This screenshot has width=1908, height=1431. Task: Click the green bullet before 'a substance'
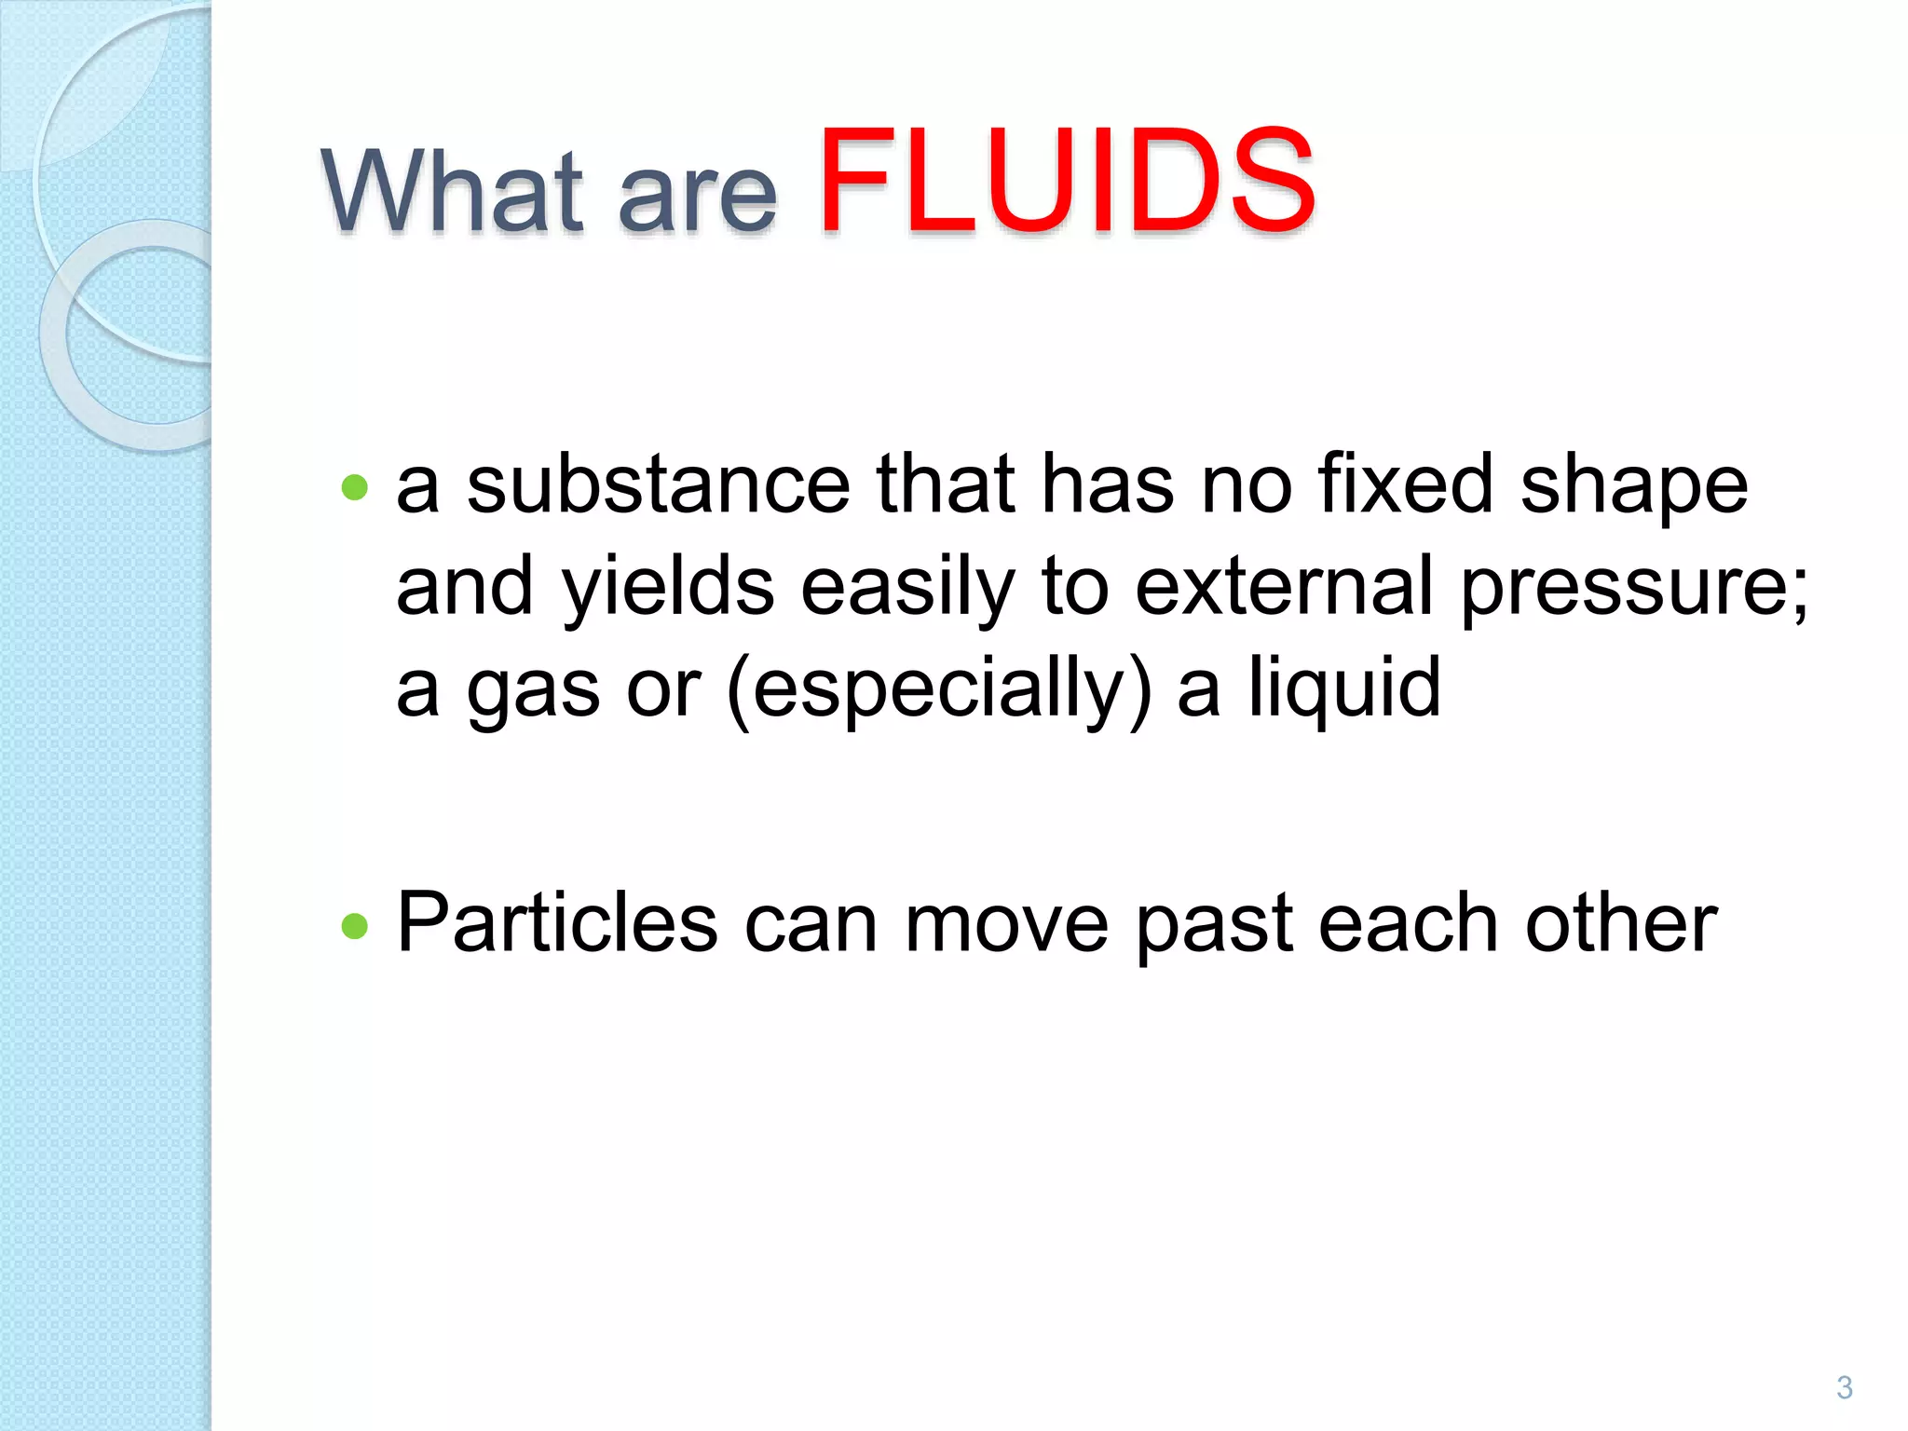(x=355, y=487)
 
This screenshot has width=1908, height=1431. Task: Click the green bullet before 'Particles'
(x=355, y=926)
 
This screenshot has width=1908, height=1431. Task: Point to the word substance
(x=658, y=484)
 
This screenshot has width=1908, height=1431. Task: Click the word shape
(x=1634, y=486)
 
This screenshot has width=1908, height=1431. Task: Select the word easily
(x=907, y=587)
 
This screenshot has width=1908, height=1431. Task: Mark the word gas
(x=533, y=689)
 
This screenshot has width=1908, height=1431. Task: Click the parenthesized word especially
(x=938, y=689)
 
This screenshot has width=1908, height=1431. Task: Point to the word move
(x=1006, y=924)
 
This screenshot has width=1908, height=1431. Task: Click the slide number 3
(x=1844, y=1387)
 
